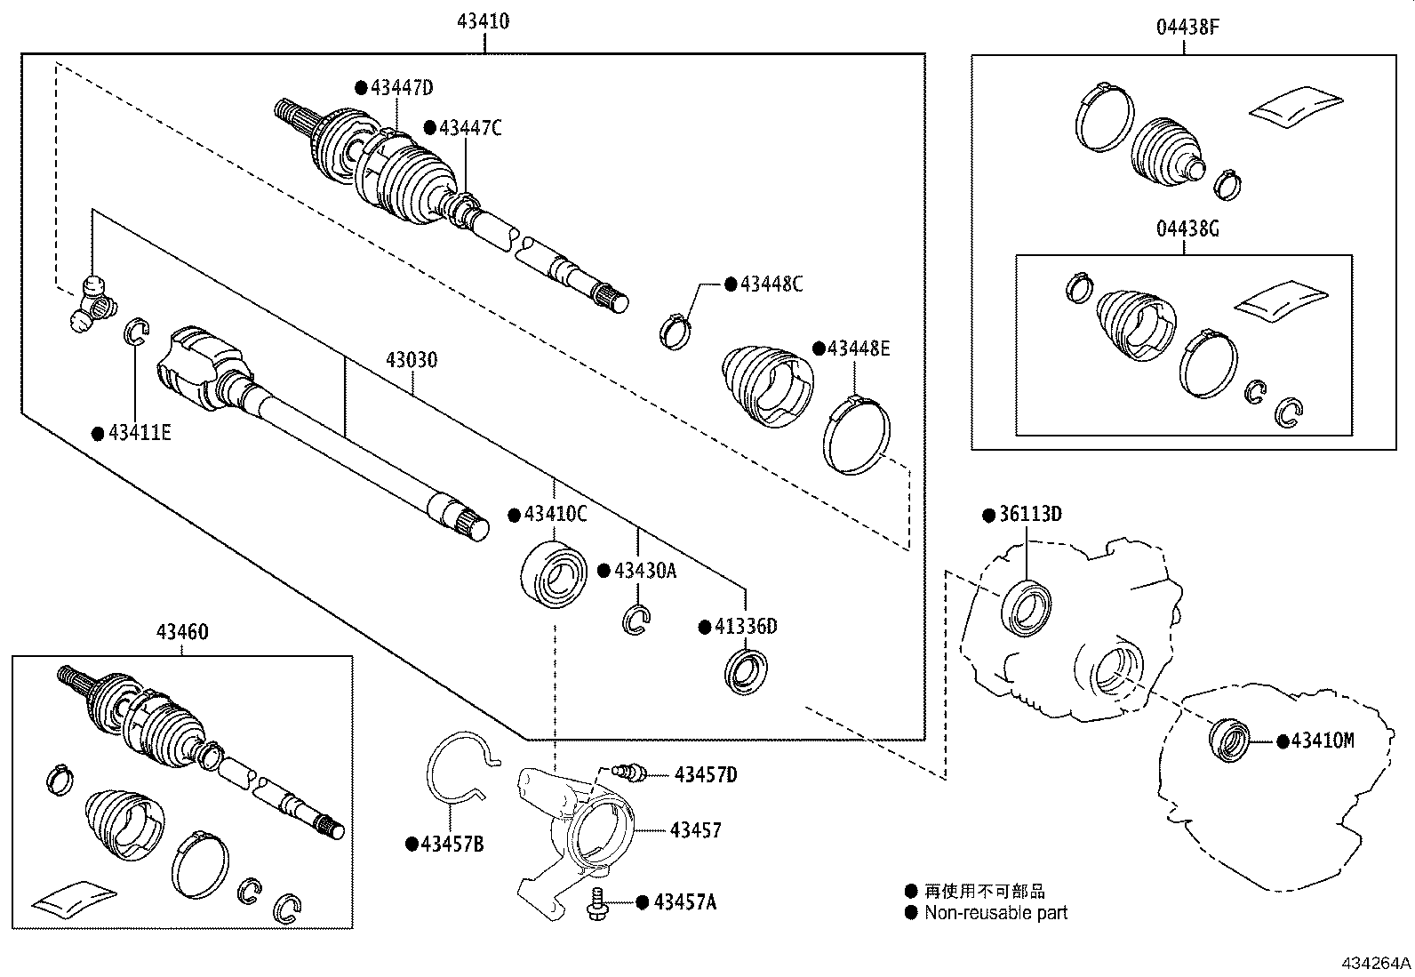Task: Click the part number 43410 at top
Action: tap(483, 20)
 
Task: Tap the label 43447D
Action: tap(401, 87)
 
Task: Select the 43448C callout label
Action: tap(770, 284)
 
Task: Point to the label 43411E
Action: tap(139, 433)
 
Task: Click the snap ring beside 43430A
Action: tap(636, 620)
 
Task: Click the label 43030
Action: tap(412, 360)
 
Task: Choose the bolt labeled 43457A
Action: tap(597, 902)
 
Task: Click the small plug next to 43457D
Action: tap(628, 772)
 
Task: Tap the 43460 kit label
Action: tap(182, 632)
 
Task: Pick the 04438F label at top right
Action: tap(1187, 27)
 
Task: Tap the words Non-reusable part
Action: tap(995, 912)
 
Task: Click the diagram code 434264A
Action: tap(1376, 963)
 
